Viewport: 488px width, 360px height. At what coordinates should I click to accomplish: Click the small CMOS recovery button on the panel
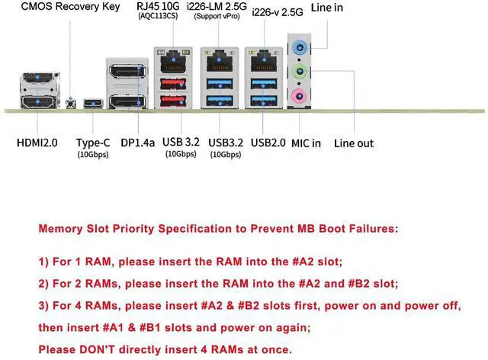click(71, 102)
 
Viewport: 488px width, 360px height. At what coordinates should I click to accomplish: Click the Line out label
click(354, 143)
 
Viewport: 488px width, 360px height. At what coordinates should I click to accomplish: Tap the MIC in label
click(306, 143)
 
